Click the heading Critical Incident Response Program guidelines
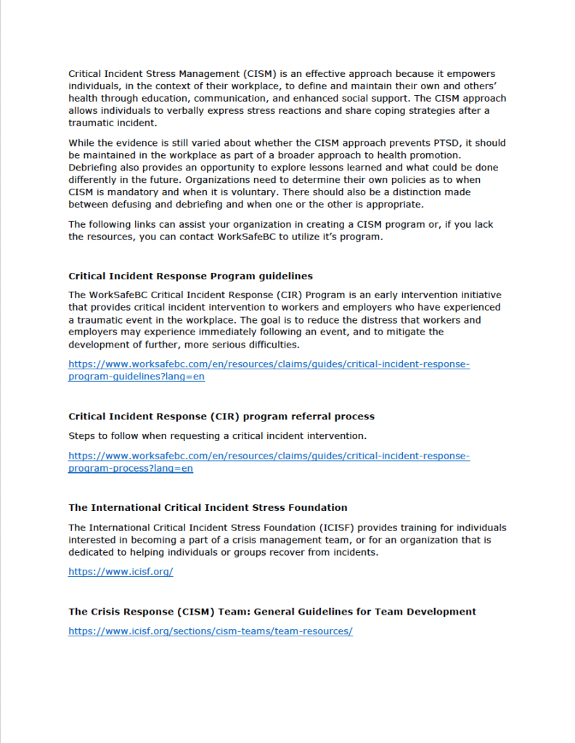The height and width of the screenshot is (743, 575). [x=190, y=276]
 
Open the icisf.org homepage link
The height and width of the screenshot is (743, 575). [x=121, y=572]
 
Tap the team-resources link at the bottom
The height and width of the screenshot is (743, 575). [x=211, y=631]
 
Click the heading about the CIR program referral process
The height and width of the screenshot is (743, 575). [x=221, y=416]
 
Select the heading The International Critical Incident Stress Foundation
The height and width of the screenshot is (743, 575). [x=208, y=508]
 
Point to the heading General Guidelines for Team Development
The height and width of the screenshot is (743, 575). [x=272, y=612]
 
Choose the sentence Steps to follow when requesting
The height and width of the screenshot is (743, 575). [x=217, y=436]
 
